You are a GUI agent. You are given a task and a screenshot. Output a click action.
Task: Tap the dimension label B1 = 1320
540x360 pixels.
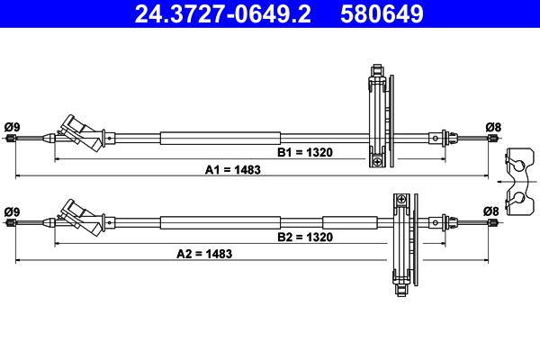point(305,153)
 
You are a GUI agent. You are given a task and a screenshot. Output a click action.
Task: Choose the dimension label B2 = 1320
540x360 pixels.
point(305,238)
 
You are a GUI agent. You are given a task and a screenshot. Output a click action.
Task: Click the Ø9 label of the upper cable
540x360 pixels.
point(12,126)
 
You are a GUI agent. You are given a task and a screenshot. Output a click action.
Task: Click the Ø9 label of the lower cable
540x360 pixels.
point(12,211)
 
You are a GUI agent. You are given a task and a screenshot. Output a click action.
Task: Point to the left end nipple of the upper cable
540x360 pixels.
point(10,139)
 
